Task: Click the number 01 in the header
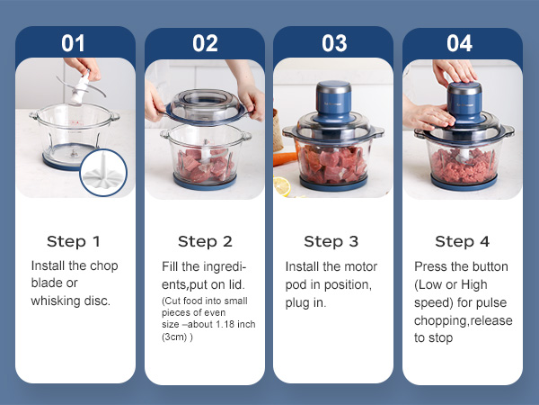coord(74,43)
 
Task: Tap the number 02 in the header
coord(205,43)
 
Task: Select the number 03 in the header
coord(333,43)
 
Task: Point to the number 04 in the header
coord(462,43)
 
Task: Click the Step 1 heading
coord(74,241)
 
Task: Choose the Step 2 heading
coord(205,241)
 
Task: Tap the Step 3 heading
coord(331,241)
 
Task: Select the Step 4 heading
coord(462,241)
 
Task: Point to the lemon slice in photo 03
coord(283,185)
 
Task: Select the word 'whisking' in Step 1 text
coord(57,301)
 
